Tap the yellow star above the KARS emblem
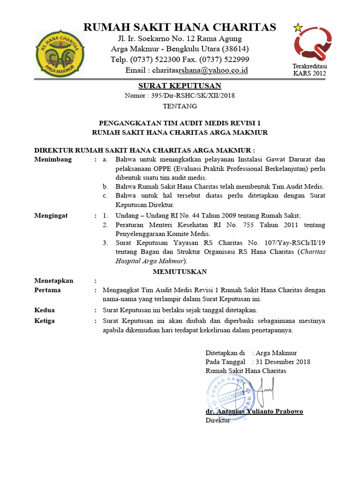point(298,28)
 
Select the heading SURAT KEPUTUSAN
point(180,86)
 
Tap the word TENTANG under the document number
point(180,106)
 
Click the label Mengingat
point(51,216)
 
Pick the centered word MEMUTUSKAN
point(180,271)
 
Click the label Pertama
point(48,290)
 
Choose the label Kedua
point(45,310)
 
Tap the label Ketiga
point(45,321)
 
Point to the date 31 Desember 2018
point(283,361)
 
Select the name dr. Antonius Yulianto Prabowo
point(254,411)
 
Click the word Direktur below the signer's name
point(217,420)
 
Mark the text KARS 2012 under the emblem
point(309,73)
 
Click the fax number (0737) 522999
point(224,60)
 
